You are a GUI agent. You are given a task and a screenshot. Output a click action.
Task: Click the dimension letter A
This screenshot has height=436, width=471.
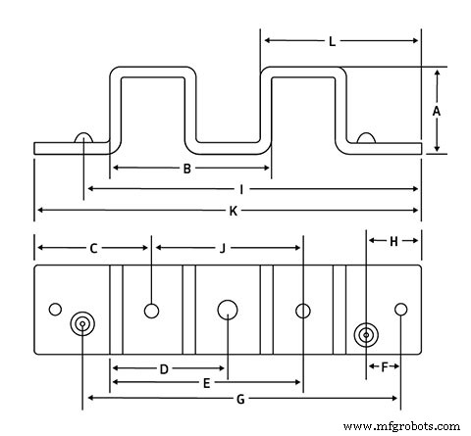click(x=436, y=111)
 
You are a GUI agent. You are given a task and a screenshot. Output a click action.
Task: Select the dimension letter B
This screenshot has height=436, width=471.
click(x=187, y=169)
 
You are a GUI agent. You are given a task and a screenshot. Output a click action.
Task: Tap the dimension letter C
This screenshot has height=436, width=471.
click(x=93, y=248)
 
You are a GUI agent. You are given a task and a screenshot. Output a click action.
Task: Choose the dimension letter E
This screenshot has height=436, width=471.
click(x=205, y=384)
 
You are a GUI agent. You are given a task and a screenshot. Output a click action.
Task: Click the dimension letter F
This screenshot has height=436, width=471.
click(x=384, y=367)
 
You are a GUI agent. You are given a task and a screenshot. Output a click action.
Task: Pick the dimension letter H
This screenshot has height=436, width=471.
click(x=393, y=241)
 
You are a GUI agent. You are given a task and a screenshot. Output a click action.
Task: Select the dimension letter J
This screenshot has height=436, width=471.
click(x=223, y=248)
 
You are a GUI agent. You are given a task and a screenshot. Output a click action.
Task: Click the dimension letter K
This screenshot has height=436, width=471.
click(x=233, y=211)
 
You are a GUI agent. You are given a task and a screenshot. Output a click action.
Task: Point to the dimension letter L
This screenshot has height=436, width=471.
click(x=333, y=42)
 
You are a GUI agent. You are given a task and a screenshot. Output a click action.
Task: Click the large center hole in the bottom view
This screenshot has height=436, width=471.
click(x=229, y=311)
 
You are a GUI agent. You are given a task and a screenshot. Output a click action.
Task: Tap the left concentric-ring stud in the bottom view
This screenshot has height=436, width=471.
click(x=82, y=325)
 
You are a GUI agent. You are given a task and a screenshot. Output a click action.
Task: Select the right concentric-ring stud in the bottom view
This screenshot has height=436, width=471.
click(x=366, y=335)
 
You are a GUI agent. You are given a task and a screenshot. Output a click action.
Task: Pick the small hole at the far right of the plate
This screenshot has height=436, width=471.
click(x=400, y=310)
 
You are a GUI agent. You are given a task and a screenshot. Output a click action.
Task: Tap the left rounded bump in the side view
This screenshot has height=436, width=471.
click(x=83, y=139)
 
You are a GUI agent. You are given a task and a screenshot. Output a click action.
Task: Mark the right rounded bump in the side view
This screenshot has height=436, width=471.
click(x=368, y=139)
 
